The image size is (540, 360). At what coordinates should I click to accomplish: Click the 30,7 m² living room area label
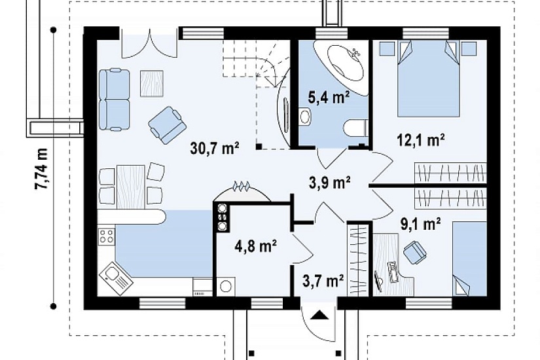click(x=215, y=148)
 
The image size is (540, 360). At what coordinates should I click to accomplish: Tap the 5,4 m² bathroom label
click(x=329, y=98)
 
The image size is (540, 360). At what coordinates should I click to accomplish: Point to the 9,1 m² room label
click(x=420, y=225)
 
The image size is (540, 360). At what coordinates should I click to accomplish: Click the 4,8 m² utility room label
click(x=256, y=246)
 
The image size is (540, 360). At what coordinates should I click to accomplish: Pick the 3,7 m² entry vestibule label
click(x=323, y=281)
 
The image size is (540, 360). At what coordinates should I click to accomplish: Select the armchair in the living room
click(x=168, y=125)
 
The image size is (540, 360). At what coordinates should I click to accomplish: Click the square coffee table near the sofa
click(x=152, y=83)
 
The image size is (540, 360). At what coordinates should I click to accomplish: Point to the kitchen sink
click(x=116, y=278)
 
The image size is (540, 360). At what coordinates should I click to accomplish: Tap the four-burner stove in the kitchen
click(x=106, y=236)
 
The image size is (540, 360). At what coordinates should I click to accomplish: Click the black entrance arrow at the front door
click(x=320, y=315)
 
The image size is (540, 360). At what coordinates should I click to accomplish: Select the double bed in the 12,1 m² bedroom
click(x=429, y=79)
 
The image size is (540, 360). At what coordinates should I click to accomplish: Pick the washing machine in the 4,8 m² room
click(x=226, y=286)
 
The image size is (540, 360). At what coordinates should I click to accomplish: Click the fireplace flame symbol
click(x=242, y=187)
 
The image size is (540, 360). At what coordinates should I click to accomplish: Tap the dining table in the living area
click(x=130, y=187)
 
